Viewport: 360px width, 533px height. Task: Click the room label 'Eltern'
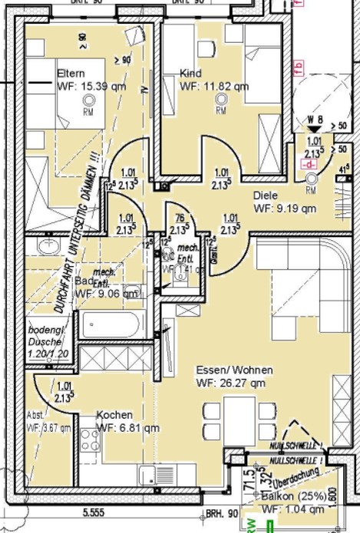(x=70, y=73)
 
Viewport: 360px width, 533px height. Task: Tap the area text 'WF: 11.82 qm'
(x=214, y=87)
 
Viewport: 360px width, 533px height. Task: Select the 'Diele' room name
(x=265, y=196)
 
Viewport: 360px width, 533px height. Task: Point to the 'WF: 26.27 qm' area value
(x=230, y=382)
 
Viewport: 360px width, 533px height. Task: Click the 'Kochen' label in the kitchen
(x=114, y=415)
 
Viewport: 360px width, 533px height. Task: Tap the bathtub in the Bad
(x=112, y=323)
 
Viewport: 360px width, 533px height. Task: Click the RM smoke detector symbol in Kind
(x=221, y=107)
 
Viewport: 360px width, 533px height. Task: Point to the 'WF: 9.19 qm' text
(x=285, y=208)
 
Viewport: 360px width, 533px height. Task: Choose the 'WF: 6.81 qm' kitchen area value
(x=128, y=427)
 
